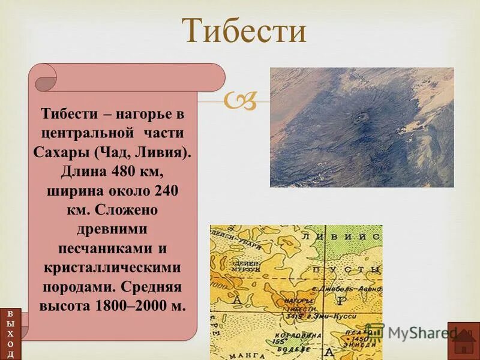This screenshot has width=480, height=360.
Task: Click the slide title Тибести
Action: tap(244, 31)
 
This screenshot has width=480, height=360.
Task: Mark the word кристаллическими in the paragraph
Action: tap(112, 267)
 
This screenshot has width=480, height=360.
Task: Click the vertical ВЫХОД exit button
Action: tap(10, 334)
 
